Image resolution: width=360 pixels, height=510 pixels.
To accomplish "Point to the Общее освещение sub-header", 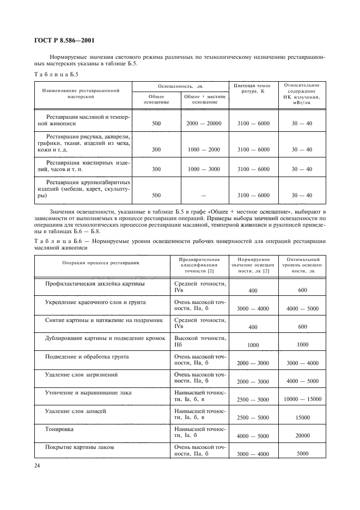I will pos(156,99).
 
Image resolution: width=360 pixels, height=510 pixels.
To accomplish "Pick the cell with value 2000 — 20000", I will pos(203,124).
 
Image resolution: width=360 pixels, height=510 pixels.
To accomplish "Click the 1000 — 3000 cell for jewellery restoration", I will pos(203,169).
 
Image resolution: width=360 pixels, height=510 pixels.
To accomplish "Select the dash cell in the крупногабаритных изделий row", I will pos(203,195).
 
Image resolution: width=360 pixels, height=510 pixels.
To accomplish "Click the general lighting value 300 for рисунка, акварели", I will pos(156,149).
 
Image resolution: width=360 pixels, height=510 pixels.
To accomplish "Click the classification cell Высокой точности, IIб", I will pos(199,342).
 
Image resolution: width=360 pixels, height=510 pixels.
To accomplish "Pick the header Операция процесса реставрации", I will pos(101,263).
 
